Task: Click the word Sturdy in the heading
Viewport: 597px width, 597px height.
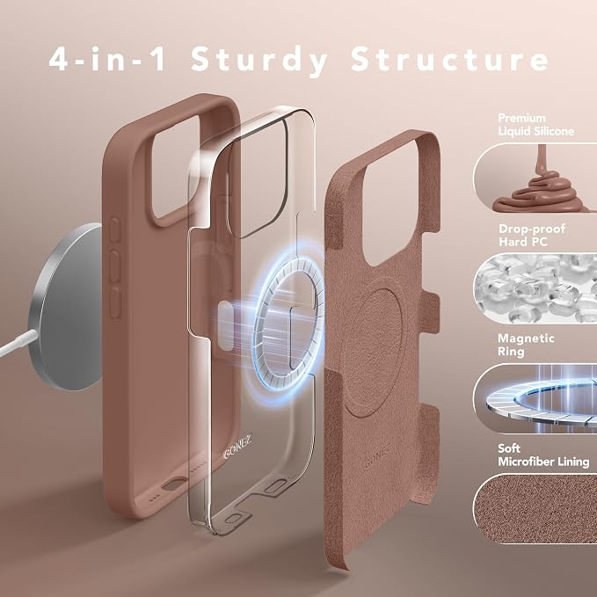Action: tap(258, 61)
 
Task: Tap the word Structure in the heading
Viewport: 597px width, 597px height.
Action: tap(449, 59)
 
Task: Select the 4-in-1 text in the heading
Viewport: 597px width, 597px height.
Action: tap(107, 59)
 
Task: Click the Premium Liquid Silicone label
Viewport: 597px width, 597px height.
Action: tap(535, 125)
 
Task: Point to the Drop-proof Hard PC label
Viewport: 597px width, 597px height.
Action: tap(532, 235)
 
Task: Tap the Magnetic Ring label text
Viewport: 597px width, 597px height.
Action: tap(526, 345)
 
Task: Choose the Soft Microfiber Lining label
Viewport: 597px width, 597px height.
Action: tap(543, 455)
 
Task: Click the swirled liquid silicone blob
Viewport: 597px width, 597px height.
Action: tap(541, 191)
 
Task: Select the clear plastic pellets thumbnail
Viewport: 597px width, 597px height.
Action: tap(535, 288)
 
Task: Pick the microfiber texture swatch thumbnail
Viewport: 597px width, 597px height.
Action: tap(535, 509)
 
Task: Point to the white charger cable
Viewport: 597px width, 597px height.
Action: tap(18, 344)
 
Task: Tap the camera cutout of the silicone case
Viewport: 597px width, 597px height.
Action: tap(176, 168)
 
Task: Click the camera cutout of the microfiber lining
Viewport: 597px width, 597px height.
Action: tap(392, 202)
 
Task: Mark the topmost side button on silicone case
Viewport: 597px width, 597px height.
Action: tap(114, 229)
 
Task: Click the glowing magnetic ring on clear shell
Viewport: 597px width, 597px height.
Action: tap(288, 324)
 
